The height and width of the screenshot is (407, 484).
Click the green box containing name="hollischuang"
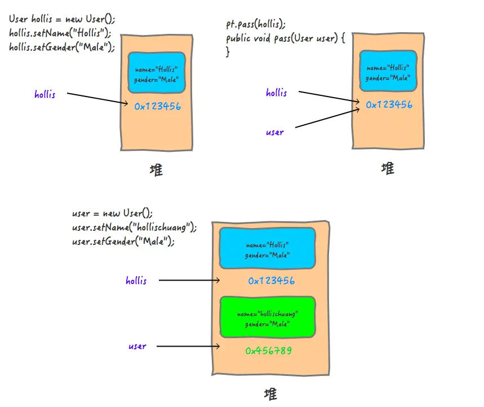(267, 317)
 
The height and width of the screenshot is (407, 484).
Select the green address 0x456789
(268, 351)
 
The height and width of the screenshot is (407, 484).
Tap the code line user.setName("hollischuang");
(134, 227)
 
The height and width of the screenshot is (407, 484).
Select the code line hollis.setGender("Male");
(62, 47)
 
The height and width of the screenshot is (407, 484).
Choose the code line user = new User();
(113, 213)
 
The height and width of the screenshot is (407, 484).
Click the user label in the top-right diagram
(275, 132)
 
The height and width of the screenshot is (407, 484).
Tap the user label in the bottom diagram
(137, 346)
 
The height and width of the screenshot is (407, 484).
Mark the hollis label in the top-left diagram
(45, 94)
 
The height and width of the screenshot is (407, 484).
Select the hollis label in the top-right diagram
(277, 93)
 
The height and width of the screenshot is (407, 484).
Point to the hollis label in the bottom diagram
(136, 280)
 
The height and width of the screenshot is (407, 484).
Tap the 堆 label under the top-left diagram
(157, 170)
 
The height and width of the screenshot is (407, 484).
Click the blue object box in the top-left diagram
(156, 72)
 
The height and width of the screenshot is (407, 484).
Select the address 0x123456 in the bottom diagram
(271, 281)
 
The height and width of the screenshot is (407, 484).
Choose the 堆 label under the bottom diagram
(270, 393)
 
